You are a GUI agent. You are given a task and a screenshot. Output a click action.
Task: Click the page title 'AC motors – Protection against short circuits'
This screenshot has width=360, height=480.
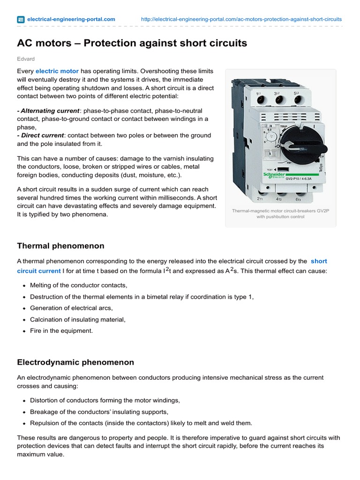pyautogui.click(x=132, y=44)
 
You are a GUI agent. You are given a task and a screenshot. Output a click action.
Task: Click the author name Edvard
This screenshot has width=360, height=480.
pyautogui.click(x=26, y=59)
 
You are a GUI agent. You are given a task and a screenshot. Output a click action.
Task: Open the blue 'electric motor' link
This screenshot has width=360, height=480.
pyautogui.click(x=57, y=71)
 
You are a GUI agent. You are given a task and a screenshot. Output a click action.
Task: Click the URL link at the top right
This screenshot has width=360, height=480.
pyautogui.click(x=241, y=19)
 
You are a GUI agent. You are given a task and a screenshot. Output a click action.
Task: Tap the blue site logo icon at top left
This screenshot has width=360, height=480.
pyautogui.click(x=21, y=19)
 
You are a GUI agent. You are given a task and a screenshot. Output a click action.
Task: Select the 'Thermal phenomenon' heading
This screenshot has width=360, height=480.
pyautogui.click(x=60, y=246)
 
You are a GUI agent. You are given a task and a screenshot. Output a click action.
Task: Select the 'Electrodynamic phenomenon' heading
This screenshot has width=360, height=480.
pyautogui.click(x=75, y=362)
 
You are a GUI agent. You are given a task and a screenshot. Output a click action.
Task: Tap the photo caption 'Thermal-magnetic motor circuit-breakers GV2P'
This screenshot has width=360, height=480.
pyautogui.click(x=280, y=211)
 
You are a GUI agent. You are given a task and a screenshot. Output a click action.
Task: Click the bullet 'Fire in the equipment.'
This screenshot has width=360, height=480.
pyautogui.click(x=61, y=330)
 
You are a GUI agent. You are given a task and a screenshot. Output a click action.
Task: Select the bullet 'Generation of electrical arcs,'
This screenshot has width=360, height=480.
pyautogui.click(x=71, y=308)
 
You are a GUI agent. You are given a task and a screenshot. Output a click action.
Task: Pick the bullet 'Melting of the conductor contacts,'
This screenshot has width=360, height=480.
pyautogui.click(x=78, y=285)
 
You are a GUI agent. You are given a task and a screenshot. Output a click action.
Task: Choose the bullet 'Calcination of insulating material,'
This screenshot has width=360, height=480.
pyautogui.click(x=78, y=319)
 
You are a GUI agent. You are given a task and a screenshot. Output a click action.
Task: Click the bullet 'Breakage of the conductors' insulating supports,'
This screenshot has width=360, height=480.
pyautogui.click(x=99, y=412)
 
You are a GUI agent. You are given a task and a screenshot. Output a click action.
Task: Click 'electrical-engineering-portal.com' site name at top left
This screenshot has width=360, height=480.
pyautogui.click(x=71, y=19)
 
